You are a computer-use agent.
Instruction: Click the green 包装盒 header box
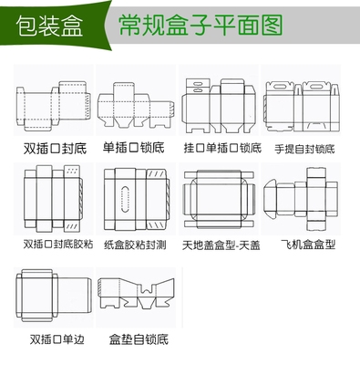46,26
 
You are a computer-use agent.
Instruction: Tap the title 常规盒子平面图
188,26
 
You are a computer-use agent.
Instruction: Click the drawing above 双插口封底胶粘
51,199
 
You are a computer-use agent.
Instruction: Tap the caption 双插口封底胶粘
52,245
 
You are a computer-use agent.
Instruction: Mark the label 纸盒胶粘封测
135,245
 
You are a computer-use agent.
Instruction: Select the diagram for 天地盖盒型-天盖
219,199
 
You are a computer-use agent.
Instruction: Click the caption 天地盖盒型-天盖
220,245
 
